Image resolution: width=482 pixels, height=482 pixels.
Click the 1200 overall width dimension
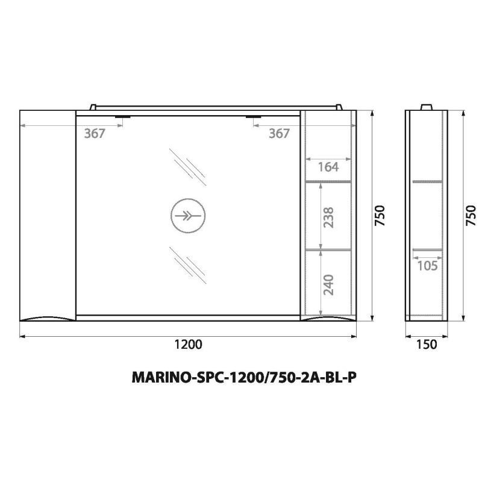point(187,345)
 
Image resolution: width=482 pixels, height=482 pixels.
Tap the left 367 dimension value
point(95,134)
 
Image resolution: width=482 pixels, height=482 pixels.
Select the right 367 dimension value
point(279,134)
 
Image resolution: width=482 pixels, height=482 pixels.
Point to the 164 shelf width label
point(328,167)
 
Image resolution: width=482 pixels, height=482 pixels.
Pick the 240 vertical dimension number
point(328,283)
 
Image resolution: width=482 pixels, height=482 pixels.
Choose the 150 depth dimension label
point(425,345)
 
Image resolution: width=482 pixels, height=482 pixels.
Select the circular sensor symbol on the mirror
point(187,216)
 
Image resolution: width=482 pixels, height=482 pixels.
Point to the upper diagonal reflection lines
point(184,169)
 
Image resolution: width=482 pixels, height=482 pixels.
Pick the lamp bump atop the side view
point(427,107)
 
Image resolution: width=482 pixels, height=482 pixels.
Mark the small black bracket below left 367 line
point(123,117)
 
